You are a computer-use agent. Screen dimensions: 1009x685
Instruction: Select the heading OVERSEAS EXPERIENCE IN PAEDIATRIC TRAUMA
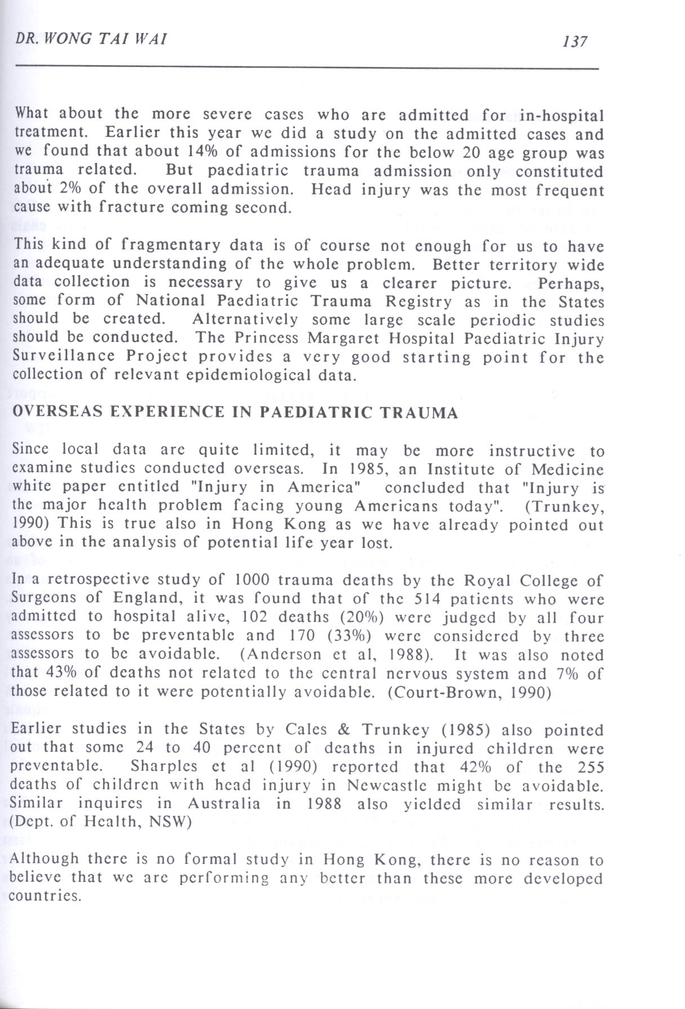pyautogui.click(x=235, y=413)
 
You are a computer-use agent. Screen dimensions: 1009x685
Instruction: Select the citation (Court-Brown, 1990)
pyautogui.click(x=469, y=691)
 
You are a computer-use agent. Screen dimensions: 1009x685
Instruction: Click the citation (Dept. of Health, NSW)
pyautogui.click(x=101, y=822)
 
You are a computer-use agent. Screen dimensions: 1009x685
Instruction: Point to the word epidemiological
pyautogui.click(x=256, y=375)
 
